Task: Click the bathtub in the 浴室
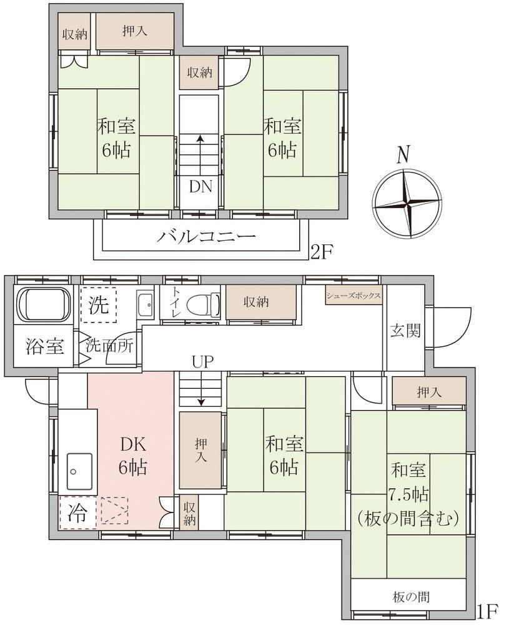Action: (44, 305)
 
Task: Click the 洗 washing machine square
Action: (99, 305)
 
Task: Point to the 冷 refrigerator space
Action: (77, 512)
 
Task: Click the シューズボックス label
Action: (353, 296)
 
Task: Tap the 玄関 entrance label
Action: (405, 331)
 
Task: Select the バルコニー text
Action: (205, 236)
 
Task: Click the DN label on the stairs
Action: (200, 186)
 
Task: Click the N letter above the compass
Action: (403, 154)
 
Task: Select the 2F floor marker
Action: (322, 252)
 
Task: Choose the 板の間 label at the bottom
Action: (411, 597)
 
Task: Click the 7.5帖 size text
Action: (408, 494)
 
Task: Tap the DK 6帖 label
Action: (133, 456)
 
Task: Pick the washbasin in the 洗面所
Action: (145, 305)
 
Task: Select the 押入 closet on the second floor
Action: (135, 31)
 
